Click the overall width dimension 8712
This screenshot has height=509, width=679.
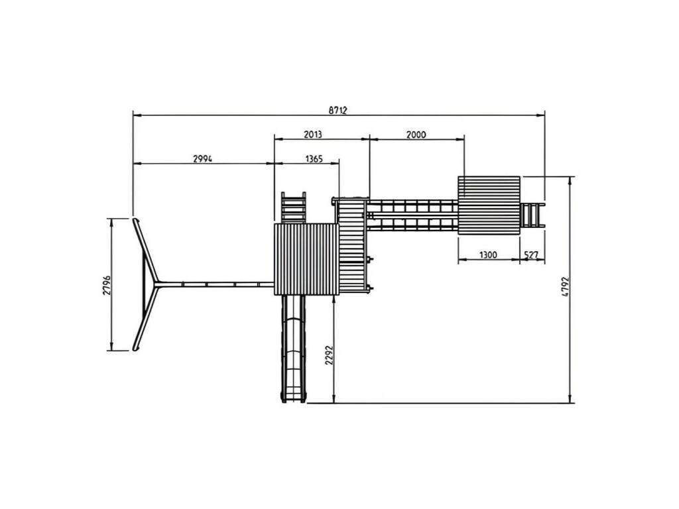tap(338, 110)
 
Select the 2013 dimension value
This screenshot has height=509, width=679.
tap(313, 134)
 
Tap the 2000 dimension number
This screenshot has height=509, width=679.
tap(416, 135)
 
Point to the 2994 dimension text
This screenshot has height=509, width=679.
tap(203, 159)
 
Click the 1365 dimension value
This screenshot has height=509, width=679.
tap(314, 159)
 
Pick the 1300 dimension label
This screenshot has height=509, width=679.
tap(488, 254)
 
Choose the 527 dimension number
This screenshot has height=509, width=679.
tap(531, 254)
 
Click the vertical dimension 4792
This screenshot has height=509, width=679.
tap(565, 286)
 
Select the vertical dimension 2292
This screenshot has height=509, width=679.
tap(329, 355)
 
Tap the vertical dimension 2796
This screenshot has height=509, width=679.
tap(107, 285)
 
